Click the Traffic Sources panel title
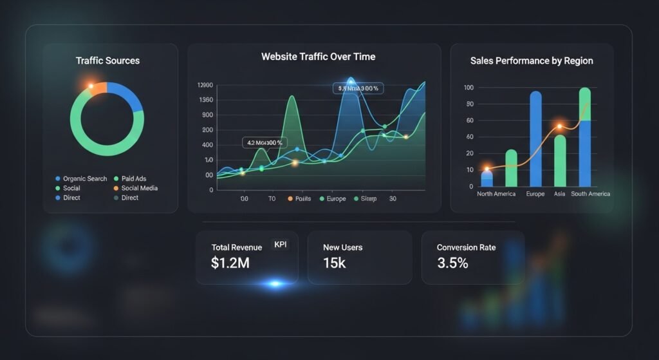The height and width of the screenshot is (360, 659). pos(107,61)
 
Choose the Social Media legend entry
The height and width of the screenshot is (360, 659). pos(139,188)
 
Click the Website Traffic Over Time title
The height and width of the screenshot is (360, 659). pos(318,57)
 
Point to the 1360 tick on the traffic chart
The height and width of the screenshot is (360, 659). pos(207,100)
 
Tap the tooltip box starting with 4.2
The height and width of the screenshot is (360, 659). pos(265,142)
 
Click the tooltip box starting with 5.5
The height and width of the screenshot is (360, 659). pos(358,88)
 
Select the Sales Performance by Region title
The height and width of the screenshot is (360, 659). pos(532,61)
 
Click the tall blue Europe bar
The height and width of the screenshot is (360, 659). pos(535,138)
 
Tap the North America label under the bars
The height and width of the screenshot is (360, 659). pos(496,194)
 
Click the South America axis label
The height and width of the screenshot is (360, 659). pos(591,194)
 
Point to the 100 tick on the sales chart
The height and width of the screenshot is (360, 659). pos(469,88)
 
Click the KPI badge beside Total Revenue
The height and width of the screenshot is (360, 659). pos(281,245)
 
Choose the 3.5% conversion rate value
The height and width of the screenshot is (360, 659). pos(452,263)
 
